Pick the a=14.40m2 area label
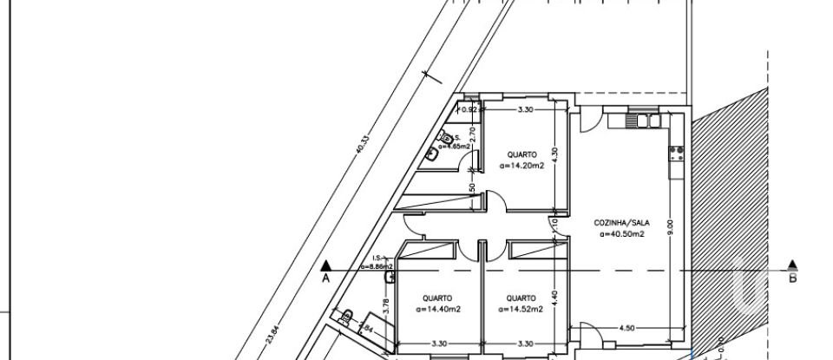tap(437, 308)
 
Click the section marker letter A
tap(326, 278)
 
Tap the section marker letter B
tap(793, 278)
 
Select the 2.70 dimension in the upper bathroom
tap(472, 134)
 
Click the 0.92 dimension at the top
tap(469, 110)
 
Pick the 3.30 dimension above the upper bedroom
tap(525, 110)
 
